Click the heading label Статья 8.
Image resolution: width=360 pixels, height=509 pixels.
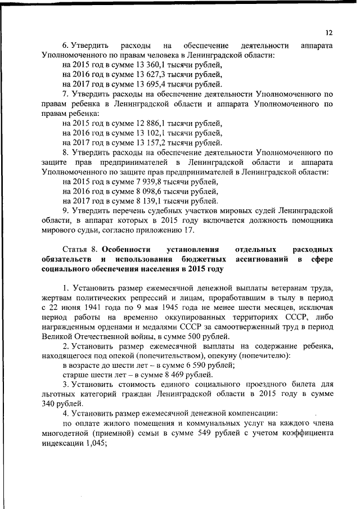[81, 249]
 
